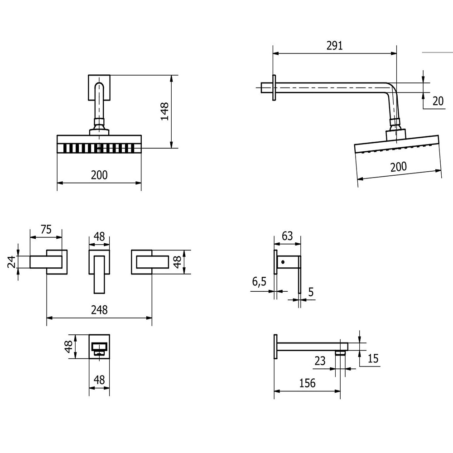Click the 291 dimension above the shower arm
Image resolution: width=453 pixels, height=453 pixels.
click(335, 46)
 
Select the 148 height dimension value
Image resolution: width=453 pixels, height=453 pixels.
click(164, 111)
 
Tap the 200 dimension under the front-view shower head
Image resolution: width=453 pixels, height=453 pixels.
click(99, 175)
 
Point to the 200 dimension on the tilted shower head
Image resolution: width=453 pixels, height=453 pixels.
click(398, 167)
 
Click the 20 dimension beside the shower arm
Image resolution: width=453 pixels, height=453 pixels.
click(438, 101)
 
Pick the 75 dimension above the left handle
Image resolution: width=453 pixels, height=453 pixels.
click(46, 229)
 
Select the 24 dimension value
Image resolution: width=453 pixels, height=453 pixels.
click(12, 262)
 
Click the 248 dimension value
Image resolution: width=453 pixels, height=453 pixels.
click(99, 310)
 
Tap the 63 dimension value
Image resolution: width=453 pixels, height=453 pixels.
click(287, 236)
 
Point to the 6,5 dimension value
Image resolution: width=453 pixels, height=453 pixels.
click(259, 281)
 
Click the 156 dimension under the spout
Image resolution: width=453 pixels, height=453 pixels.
click(308, 383)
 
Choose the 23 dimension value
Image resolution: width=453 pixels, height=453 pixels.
click(320, 361)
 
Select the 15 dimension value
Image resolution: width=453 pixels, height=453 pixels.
click(373, 358)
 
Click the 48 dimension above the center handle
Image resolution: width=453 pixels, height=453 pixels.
click(99, 236)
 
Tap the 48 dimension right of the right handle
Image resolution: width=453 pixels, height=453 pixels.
click(178, 262)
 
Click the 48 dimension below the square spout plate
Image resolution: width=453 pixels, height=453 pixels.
click(99, 380)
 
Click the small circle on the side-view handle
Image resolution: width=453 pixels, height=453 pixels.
click(283, 262)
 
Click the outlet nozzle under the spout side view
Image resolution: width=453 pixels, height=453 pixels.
click(340, 352)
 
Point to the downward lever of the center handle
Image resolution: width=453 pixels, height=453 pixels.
click(99, 275)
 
